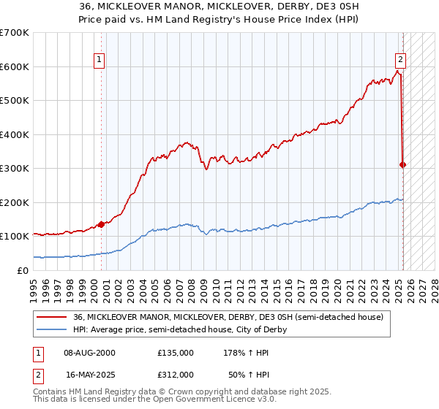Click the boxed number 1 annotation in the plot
coord(100,61)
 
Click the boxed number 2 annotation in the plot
coord(401,61)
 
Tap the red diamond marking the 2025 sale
coord(403,164)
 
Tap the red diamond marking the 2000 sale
coord(101,224)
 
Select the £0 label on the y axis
coord(23,270)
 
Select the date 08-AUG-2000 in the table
coord(90,352)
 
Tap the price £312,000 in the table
coord(175,374)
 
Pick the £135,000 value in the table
coord(175,352)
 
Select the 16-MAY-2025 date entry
coord(90,374)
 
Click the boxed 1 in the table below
coord(37,352)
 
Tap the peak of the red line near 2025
coord(398,71)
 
